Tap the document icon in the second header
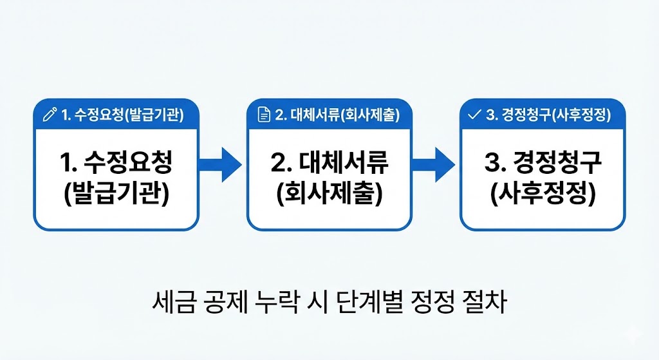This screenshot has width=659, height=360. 263,115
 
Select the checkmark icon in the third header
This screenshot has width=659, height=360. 475,115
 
